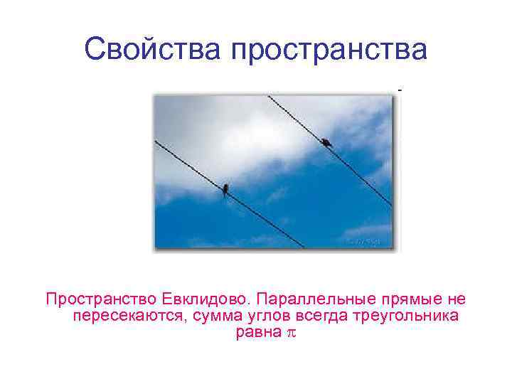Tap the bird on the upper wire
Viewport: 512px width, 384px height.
pos(326,143)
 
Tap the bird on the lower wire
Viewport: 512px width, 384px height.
pos(225,189)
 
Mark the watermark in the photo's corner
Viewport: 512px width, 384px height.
pos(363,240)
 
